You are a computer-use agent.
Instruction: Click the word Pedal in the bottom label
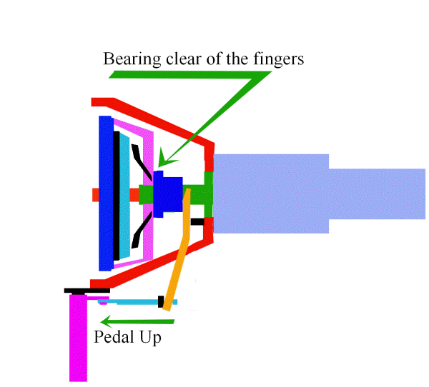pos(112,337)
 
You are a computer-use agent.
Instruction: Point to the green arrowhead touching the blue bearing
pos(163,156)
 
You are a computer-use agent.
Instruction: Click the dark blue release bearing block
pos(168,193)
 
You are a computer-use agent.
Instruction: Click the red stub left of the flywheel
pos(95,193)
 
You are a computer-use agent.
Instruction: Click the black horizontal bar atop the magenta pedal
pos(87,291)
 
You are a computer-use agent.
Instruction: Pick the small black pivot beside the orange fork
pos(197,221)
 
